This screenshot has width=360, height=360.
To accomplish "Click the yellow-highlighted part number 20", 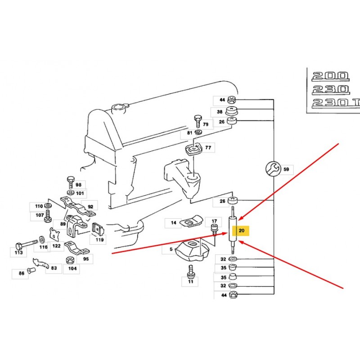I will [242, 231].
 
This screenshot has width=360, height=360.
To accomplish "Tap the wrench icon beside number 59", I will [272, 169].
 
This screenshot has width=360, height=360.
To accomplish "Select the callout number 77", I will [208, 147].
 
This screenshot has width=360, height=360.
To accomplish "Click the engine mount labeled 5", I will [192, 249].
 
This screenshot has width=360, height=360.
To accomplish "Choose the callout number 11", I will [189, 282].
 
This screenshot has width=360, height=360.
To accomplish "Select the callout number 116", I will [43, 247].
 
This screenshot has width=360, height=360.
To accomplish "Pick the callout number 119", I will [99, 240].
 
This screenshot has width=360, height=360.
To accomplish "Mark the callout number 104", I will [72, 269].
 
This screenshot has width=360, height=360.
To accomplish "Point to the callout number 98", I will [78, 185].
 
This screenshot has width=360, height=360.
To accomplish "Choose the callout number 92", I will [90, 207].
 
